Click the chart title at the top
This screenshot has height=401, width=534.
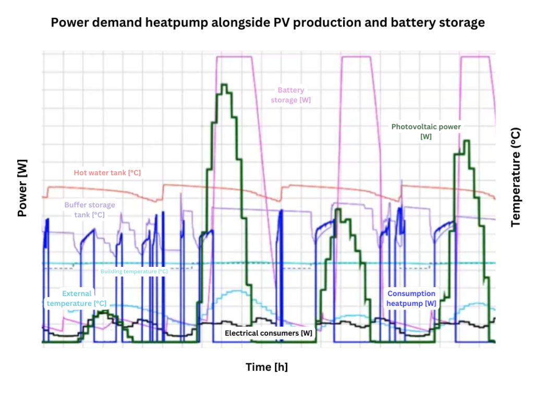tap(267, 23)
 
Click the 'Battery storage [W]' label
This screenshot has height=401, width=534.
tap(290, 95)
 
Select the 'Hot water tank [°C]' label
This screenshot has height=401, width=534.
tap(107, 173)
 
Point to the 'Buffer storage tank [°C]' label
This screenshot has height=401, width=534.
tap(90, 210)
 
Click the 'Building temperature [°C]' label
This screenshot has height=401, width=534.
tap(133, 272)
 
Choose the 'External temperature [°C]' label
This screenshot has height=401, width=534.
tap(77, 299)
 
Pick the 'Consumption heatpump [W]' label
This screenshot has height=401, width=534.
tap(411, 299)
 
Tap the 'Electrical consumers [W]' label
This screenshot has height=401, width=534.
tap(269, 333)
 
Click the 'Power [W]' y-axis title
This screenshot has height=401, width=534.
tap(22, 188)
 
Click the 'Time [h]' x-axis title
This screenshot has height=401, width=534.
tap(266, 367)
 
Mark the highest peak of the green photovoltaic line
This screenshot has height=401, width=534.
tap(225, 85)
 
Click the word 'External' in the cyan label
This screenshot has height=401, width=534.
tap(77, 293)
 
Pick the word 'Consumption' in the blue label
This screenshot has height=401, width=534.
tap(411, 293)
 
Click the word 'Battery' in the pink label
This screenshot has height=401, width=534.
tap(290, 90)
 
